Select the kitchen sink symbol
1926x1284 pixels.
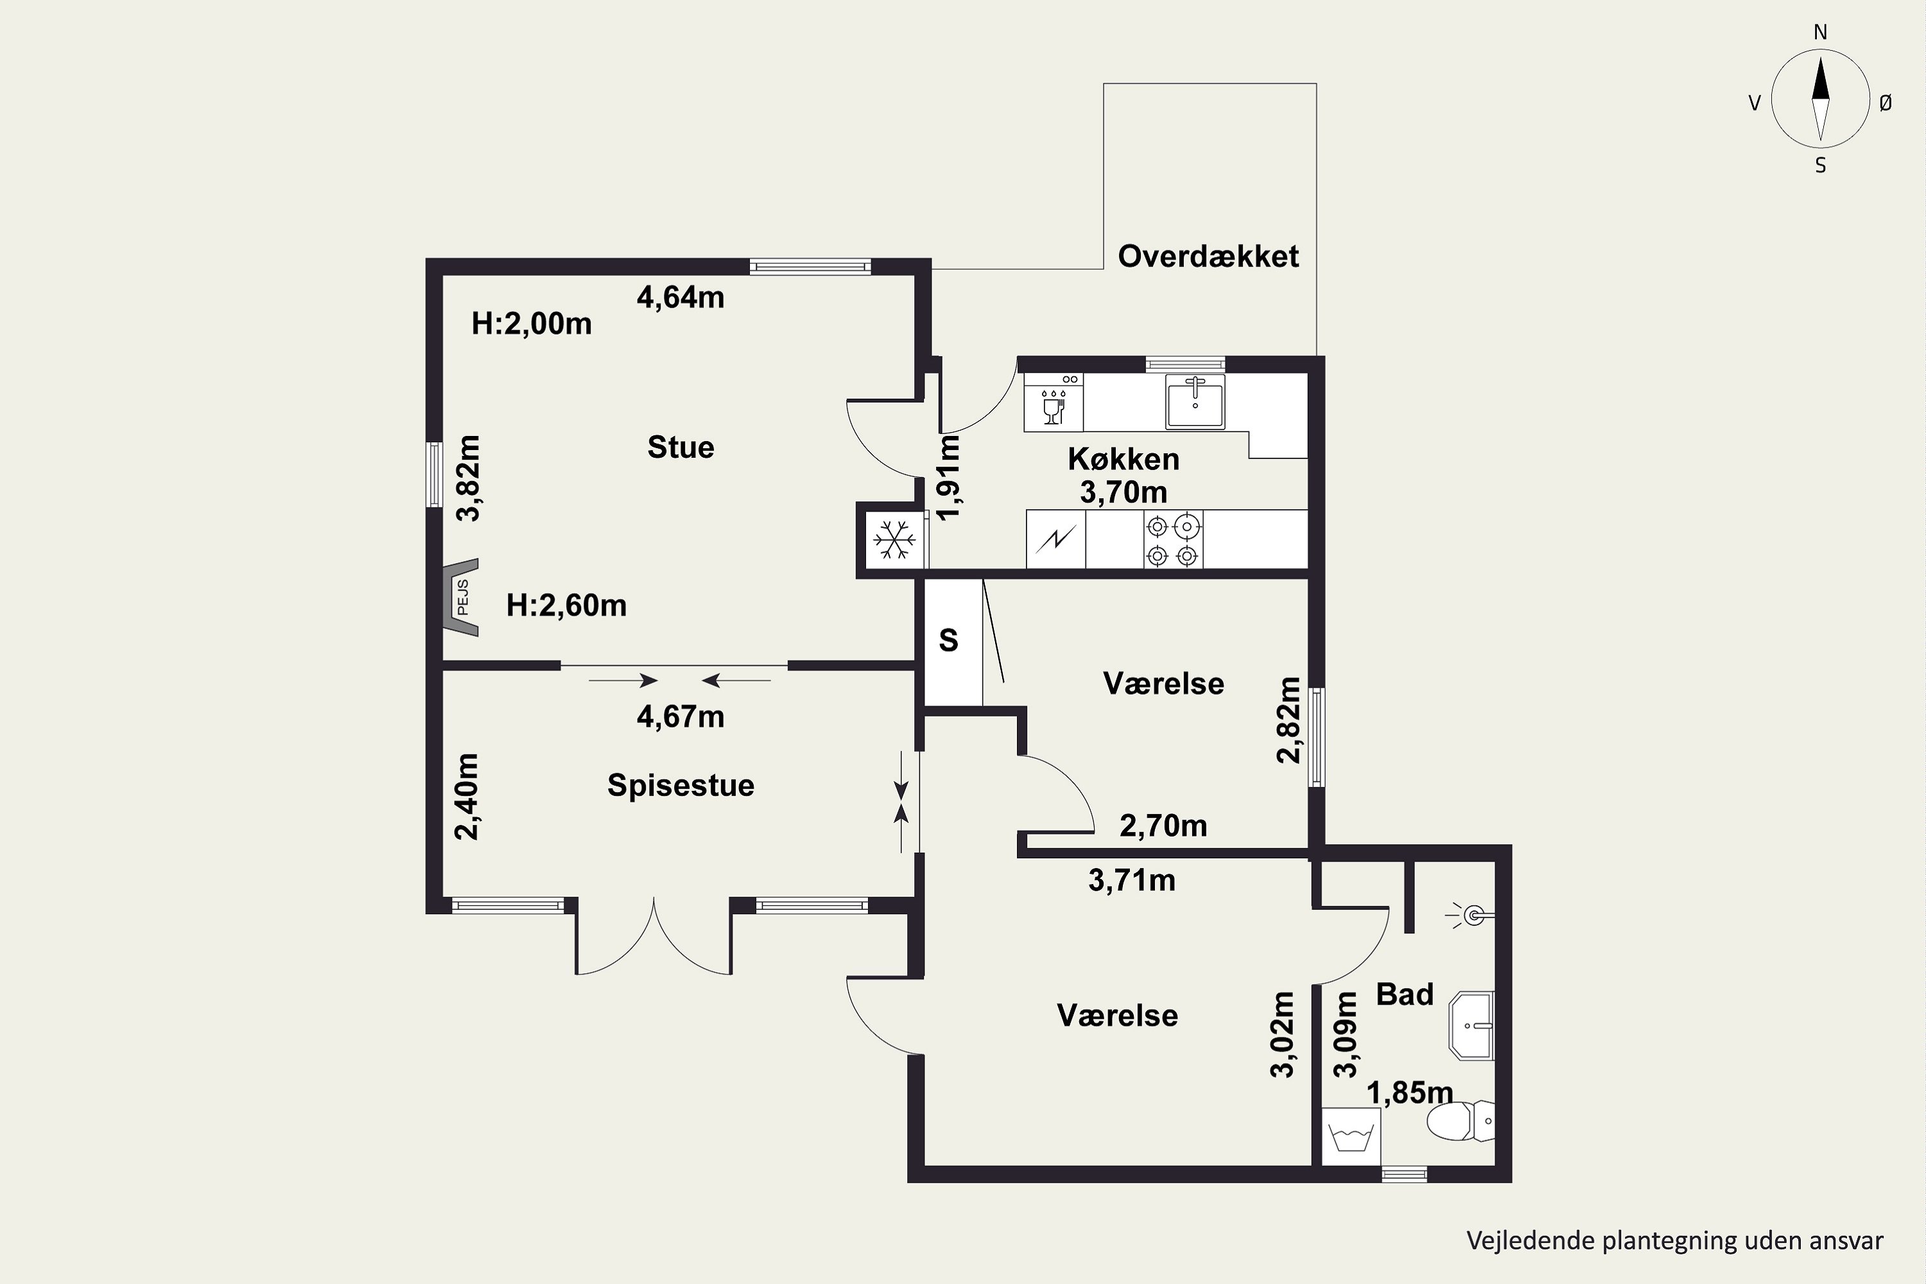pyautogui.click(x=1195, y=401)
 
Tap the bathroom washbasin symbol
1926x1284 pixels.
pyautogui.click(x=1471, y=1025)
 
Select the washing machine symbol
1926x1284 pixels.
pyautogui.click(x=1352, y=1136)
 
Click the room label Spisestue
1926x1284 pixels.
pyautogui.click(x=681, y=785)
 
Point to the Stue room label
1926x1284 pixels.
pyautogui.click(x=681, y=447)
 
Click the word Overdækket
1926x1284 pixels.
pyautogui.click(x=1209, y=256)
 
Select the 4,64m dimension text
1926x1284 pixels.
pyautogui.click(x=681, y=297)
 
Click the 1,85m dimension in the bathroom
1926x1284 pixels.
pyautogui.click(x=1410, y=1093)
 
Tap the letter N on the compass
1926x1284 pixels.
pyautogui.click(x=1820, y=32)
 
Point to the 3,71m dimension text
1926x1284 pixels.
pyautogui.click(x=1132, y=880)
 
